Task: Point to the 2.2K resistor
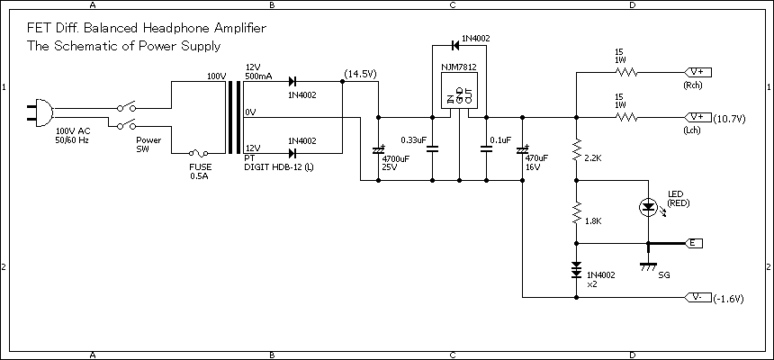pyautogui.click(x=576, y=151)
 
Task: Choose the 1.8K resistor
pyautogui.click(x=576, y=214)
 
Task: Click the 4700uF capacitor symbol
pyautogui.click(x=377, y=149)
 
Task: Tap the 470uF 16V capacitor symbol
pyautogui.click(x=523, y=149)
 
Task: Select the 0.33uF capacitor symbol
pyautogui.click(x=432, y=149)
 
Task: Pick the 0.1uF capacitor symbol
pyautogui.click(x=487, y=149)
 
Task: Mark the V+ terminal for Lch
pyautogui.click(x=698, y=117)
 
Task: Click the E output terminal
pyautogui.click(x=695, y=243)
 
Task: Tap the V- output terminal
pyautogui.click(x=698, y=297)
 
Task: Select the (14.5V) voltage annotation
pyautogui.click(x=360, y=73)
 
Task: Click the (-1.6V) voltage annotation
pyautogui.click(x=729, y=298)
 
